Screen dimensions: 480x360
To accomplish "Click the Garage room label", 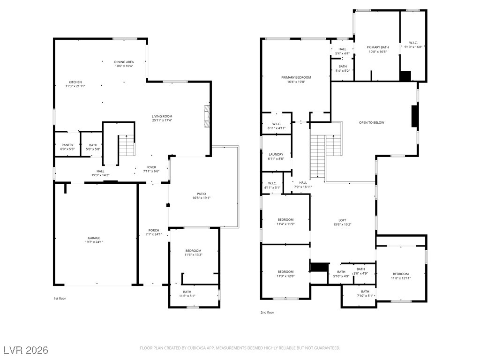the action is (x=94, y=238).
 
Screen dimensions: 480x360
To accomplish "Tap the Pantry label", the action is (x=67, y=145).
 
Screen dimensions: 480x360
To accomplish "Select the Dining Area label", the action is (x=124, y=62).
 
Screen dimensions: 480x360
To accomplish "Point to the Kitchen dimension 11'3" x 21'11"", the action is (x=75, y=86).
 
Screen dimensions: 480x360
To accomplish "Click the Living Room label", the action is (x=162, y=116).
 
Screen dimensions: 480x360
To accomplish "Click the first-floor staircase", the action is (x=127, y=145).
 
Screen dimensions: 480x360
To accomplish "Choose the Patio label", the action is (x=202, y=194).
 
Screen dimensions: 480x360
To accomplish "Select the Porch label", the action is (x=154, y=231).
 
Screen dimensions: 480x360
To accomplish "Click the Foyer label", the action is (x=151, y=167).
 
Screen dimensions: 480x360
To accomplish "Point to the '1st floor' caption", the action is (x=60, y=299).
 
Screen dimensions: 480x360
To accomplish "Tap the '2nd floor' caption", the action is (x=267, y=313).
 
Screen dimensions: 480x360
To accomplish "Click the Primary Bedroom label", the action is (x=296, y=78).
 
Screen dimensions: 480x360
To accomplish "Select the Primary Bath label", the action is (x=378, y=47).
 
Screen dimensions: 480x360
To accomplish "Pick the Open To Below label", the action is (x=372, y=123).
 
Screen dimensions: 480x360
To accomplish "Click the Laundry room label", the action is (x=276, y=155).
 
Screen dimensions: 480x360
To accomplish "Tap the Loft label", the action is (x=342, y=220).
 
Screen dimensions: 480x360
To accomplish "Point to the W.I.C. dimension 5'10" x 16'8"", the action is (x=413, y=47).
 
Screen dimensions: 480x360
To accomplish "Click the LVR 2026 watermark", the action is (x=26, y=350).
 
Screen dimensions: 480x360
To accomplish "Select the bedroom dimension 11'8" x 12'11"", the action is (x=401, y=278).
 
